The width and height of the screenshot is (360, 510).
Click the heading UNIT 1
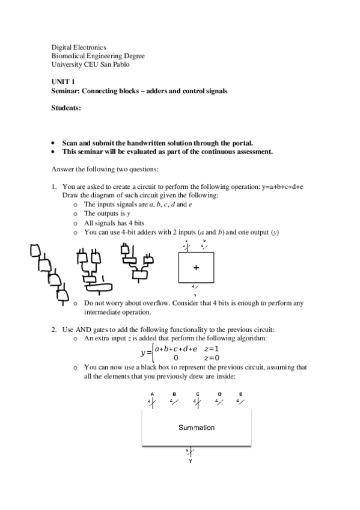coord(63,81)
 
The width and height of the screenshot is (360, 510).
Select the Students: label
coord(66,108)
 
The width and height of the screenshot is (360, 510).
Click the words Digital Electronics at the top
coord(79,47)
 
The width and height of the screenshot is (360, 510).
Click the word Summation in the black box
coord(196,428)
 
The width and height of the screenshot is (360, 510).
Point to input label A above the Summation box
coord(152,394)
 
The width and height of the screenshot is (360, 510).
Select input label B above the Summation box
coord(174,394)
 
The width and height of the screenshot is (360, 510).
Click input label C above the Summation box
coord(197,394)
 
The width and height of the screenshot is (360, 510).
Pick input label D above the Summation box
coord(219,394)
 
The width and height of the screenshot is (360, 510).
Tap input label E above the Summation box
coord(240,394)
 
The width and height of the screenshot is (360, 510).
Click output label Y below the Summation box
coord(190,461)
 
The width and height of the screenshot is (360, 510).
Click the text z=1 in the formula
coord(212,349)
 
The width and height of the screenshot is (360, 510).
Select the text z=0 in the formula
coord(212,358)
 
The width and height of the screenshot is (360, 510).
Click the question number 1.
coord(53,187)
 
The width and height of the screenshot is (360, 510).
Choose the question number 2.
coord(53,330)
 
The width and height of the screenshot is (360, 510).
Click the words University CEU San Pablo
coord(90,64)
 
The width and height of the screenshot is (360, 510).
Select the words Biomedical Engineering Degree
coord(97,56)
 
